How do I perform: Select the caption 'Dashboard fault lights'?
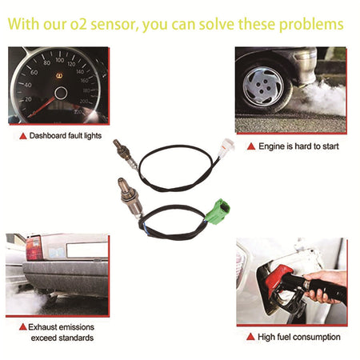[66, 137]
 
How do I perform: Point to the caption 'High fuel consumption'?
[298, 337]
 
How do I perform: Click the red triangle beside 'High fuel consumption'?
[250, 337]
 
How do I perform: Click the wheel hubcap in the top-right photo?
[264, 85]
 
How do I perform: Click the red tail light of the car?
[34, 249]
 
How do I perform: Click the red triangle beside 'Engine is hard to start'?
[250, 147]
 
